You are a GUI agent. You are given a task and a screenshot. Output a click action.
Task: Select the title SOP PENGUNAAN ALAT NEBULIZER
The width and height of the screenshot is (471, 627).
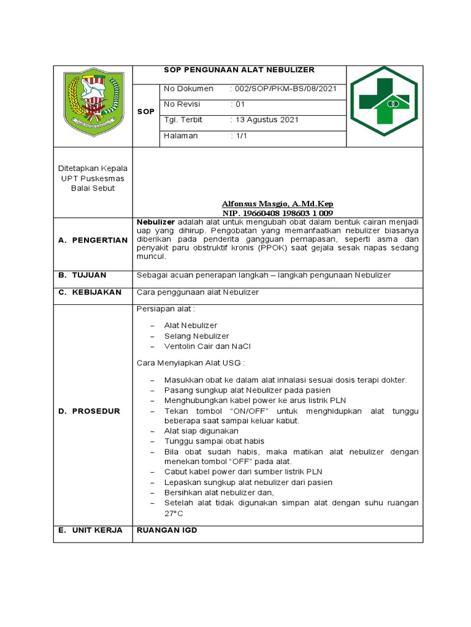239,70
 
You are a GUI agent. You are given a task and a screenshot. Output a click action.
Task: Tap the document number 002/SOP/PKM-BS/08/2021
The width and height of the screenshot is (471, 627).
283,89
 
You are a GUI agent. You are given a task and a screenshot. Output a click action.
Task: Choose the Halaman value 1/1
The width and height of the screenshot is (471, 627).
239,136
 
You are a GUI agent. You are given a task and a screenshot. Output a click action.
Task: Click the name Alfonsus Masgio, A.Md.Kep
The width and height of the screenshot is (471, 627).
277,203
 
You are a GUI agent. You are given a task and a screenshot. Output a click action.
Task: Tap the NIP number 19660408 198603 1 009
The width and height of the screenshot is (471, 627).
277,213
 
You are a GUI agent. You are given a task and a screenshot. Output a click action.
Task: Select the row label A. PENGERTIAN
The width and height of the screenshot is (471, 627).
93,240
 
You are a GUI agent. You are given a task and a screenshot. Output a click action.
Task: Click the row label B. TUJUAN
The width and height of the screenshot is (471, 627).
82,275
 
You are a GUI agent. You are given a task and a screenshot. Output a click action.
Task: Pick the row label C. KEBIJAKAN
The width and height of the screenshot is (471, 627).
90,293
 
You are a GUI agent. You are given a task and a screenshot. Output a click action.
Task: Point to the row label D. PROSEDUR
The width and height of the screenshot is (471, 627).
90,411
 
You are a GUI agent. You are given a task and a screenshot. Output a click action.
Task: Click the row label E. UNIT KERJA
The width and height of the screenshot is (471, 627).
91,530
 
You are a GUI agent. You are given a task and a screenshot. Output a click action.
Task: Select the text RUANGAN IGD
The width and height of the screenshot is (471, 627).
167,530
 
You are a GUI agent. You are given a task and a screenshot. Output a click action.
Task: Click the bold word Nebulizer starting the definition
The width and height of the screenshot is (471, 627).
155,221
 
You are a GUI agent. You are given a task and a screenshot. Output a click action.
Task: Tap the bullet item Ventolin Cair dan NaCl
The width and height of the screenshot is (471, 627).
207,346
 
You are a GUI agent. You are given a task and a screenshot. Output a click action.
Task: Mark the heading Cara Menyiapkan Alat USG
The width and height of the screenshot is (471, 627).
191,363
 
